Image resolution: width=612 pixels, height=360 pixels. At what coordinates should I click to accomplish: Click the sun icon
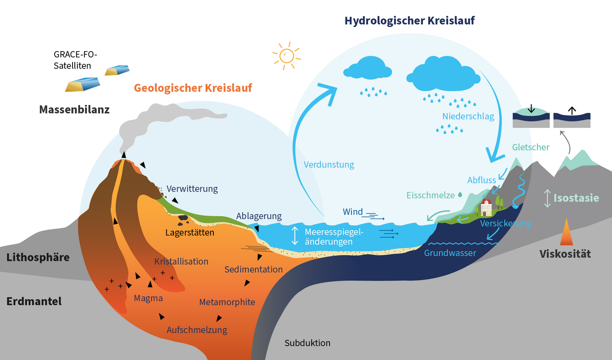(x=287, y=55)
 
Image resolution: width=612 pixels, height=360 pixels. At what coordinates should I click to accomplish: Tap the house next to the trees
(x=486, y=208)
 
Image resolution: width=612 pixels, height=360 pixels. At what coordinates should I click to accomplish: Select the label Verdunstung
(x=329, y=165)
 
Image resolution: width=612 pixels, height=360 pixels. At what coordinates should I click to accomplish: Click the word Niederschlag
(x=468, y=116)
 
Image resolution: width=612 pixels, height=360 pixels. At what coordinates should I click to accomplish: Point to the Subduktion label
(x=307, y=343)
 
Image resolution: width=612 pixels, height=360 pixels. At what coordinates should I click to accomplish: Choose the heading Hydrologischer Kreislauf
(x=410, y=21)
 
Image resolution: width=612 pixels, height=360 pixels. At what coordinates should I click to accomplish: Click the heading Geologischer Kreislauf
(x=193, y=88)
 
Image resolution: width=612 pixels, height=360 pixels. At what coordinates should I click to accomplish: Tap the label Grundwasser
(x=450, y=253)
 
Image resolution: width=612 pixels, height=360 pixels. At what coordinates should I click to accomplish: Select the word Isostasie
(x=576, y=197)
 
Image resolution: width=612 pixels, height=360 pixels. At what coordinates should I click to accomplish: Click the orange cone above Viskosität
(x=567, y=232)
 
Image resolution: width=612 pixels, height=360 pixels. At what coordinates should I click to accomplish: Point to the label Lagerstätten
(x=190, y=232)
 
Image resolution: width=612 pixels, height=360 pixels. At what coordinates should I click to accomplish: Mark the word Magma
(x=148, y=298)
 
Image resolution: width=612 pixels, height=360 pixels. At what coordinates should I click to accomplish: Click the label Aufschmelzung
(x=197, y=330)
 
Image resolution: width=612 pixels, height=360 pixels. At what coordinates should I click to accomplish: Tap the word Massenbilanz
(x=74, y=109)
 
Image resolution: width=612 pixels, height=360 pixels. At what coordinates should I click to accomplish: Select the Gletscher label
(x=531, y=147)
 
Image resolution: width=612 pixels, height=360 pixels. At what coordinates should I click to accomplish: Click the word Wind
(x=353, y=212)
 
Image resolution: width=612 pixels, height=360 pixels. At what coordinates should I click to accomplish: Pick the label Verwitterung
(x=192, y=189)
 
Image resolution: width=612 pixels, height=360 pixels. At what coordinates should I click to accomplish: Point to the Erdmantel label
(x=34, y=301)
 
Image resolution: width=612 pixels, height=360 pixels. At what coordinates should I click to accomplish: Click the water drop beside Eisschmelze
(x=460, y=195)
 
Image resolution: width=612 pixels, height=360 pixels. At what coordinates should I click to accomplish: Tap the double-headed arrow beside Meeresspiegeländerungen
(x=295, y=235)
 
